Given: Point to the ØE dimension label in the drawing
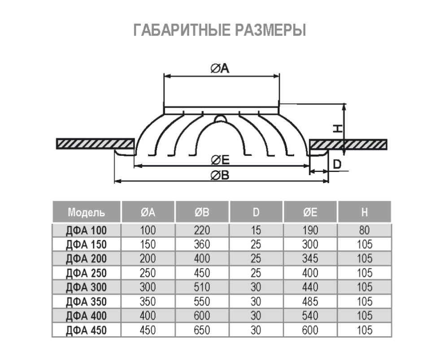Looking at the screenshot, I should [220, 160].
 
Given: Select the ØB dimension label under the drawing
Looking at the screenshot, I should [220, 176].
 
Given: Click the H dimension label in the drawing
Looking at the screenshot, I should [338, 128].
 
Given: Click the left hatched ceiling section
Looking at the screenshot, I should [96, 144].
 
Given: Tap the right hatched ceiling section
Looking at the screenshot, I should [348, 144].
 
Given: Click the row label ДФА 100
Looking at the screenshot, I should [87, 231].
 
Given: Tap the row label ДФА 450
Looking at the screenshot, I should [87, 330].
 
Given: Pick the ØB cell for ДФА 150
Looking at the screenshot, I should [202, 245].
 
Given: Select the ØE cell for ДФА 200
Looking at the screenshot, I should [310, 259].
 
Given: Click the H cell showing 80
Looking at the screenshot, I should [364, 231].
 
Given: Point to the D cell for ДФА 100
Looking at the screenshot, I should [256, 231].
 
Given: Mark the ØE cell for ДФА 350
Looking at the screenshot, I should [310, 302].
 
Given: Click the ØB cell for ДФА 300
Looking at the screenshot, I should [202, 287].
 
